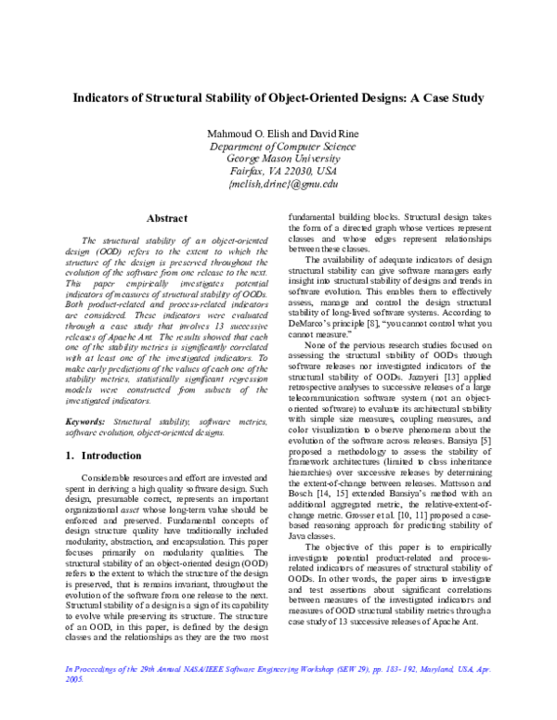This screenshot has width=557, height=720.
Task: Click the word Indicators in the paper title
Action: click(103, 97)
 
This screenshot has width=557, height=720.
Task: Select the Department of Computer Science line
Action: click(279, 147)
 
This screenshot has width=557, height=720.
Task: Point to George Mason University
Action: click(279, 159)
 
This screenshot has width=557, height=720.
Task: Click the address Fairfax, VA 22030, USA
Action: click(279, 172)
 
